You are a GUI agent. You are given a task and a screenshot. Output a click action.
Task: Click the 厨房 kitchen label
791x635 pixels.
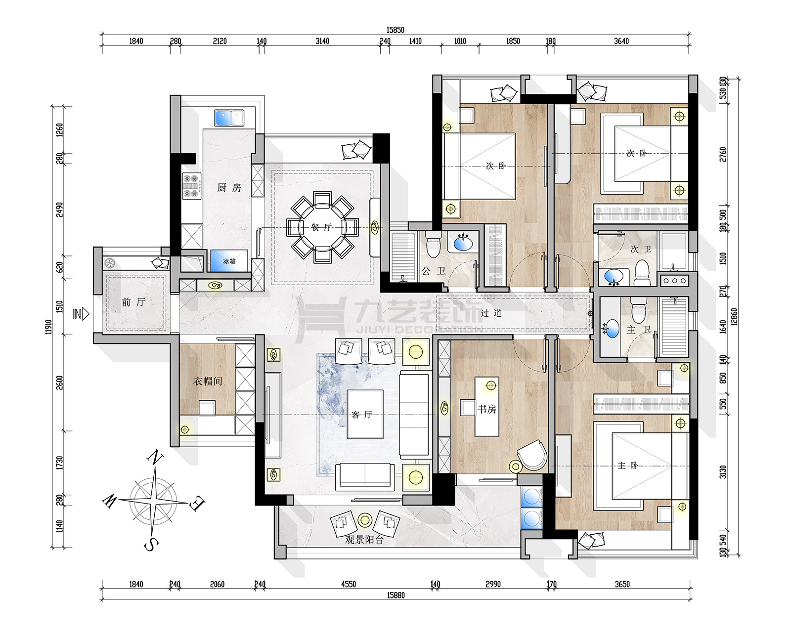[229, 188]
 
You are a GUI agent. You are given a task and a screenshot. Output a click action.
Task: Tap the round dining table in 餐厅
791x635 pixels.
[322, 227]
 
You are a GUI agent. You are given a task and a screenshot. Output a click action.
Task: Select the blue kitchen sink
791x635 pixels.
[229, 119]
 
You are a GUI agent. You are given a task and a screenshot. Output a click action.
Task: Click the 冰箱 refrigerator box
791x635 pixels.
[229, 261]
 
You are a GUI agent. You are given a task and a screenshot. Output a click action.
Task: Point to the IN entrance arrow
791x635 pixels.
[81, 313]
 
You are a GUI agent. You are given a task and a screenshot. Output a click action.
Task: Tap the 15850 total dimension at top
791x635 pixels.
[395, 30]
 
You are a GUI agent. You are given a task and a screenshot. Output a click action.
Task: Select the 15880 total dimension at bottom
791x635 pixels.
[396, 595]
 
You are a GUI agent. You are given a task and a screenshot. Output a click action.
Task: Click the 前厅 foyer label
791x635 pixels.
[133, 302]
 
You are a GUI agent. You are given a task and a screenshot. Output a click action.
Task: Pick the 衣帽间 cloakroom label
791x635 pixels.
[208, 381]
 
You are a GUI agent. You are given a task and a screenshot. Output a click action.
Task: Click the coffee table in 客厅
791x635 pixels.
[365, 414]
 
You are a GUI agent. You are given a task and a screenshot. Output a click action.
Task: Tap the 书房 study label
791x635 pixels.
[486, 409]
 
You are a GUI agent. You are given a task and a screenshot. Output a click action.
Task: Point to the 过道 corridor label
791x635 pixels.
[491, 313]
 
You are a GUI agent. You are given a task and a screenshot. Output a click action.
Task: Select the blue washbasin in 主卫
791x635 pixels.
[612, 329]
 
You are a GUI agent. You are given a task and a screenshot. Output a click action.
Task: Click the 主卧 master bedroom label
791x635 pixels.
[628, 466]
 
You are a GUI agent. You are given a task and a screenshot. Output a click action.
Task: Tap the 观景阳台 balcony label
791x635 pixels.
[364, 540]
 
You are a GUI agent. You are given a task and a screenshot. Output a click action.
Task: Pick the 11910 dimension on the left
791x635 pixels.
[48, 327]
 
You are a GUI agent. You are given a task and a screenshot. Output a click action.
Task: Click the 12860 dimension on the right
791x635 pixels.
[734, 317]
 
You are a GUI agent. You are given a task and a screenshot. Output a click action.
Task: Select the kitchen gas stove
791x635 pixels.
[192, 186]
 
